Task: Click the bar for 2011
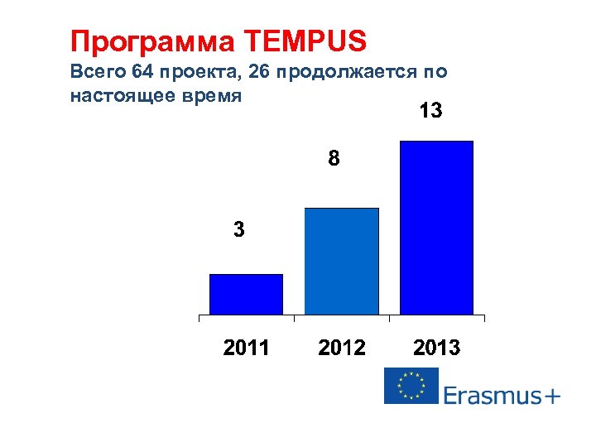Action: tap(246, 294)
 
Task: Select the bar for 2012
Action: tap(341, 261)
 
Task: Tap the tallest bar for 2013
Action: tap(436, 228)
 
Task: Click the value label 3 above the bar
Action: tap(239, 230)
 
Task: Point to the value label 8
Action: tap(333, 158)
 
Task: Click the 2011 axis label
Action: tap(247, 348)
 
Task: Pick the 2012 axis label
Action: tap(342, 348)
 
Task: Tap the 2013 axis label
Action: tap(436, 348)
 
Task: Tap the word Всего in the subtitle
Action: tap(94, 72)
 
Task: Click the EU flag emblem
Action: tap(411, 386)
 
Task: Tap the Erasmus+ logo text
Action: tap(502, 395)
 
